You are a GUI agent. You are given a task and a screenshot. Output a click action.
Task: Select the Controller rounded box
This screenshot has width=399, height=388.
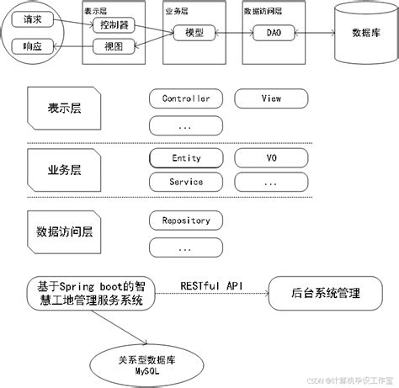[185, 99]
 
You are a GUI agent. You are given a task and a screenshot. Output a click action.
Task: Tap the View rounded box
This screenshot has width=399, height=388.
[270, 99]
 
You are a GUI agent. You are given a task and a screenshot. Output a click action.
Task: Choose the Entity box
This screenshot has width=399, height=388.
[185, 158]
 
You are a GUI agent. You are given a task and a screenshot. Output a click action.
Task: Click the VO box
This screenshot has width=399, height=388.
[270, 158]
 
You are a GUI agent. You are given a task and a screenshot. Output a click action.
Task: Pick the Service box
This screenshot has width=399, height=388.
[185, 182]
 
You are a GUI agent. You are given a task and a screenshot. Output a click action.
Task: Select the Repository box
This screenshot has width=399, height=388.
[185, 221]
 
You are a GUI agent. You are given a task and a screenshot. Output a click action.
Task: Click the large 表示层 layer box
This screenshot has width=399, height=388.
[65, 109]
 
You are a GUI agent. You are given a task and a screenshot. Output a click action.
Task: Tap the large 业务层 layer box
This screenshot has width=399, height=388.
[65, 169]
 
